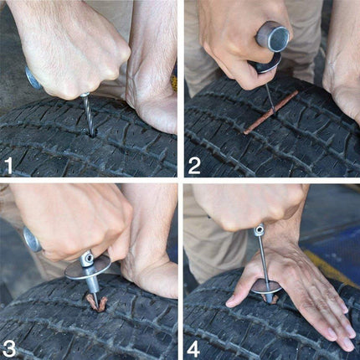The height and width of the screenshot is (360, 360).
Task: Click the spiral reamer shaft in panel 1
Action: click(x=88, y=117)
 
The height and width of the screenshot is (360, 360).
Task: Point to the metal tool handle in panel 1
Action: click(x=33, y=79)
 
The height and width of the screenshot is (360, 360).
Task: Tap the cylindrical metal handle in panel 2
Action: click(x=272, y=38)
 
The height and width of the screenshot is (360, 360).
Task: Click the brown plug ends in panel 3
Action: click(x=94, y=304)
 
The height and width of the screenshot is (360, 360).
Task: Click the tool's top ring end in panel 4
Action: click(x=259, y=229)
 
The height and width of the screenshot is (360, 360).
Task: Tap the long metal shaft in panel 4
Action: click(x=263, y=260)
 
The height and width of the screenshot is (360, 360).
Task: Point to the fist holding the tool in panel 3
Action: click(x=71, y=222)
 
